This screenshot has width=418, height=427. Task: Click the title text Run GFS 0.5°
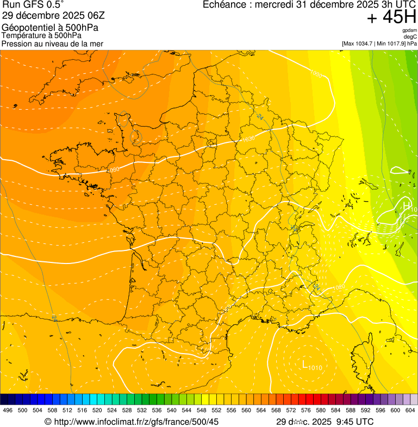pyautogui.click(x=33, y=5)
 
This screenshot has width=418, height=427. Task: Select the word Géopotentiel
pyautogui.click(x=25, y=27)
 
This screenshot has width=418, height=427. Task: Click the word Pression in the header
pyautogui.click(x=17, y=43)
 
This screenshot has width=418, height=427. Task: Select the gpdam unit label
pyautogui.click(x=409, y=30)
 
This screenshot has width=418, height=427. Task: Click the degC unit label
pyautogui.click(x=410, y=37)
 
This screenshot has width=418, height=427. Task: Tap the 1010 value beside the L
pyautogui.click(x=315, y=368)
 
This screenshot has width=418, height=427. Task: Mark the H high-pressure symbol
pyautogui.click(x=406, y=205)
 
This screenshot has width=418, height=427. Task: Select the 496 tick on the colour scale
pyautogui.click(x=7, y=410)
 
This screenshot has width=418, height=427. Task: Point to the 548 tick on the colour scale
pyautogui.click(x=202, y=410)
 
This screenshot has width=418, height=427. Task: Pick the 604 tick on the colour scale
pyautogui.click(x=410, y=410)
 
